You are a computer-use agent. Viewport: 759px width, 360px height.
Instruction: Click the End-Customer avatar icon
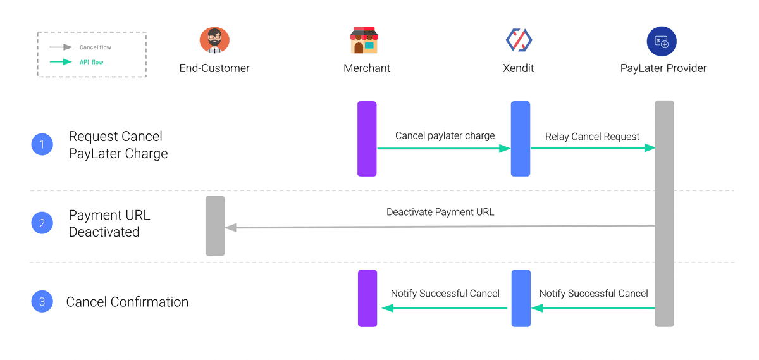(x=214, y=40)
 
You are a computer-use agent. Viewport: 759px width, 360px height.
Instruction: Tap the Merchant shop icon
(x=364, y=40)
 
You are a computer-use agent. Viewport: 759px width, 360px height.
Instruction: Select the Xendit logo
(x=519, y=40)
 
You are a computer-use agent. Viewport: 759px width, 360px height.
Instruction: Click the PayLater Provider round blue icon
(x=662, y=41)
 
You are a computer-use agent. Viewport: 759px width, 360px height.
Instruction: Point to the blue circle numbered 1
(x=42, y=144)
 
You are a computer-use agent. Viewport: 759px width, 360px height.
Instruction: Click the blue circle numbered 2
(x=42, y=223)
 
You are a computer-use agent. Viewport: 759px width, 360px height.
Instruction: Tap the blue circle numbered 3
(x=42, y=301)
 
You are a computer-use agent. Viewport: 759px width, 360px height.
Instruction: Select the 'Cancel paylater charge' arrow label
(x=445, y=136)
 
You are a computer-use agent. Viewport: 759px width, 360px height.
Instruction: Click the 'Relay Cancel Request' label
(x=592, y=137)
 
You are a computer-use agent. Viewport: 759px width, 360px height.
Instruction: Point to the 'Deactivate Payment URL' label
(x=440, y=212)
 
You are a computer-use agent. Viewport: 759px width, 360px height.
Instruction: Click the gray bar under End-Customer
(x=215, y=226)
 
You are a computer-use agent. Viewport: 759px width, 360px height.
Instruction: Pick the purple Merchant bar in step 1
(x=367, y=139)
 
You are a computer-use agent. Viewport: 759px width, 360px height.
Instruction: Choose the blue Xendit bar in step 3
(x=521, y=298)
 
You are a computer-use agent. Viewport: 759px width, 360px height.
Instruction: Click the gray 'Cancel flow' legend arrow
(x=61, y=47)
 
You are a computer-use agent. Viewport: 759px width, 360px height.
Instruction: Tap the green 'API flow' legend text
(x=92, y=62)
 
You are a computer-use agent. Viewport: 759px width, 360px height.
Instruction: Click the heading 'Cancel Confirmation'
(x=127, y=302)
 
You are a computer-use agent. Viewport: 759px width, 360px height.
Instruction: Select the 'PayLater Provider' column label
(x=663, y=68)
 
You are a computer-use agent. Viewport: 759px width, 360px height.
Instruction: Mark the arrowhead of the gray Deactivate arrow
(x=230, y=228)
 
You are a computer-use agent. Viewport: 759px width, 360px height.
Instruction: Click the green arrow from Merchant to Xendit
(x=444, y=149)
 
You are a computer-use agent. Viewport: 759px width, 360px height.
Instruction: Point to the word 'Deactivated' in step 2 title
(x=104, y=232)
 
